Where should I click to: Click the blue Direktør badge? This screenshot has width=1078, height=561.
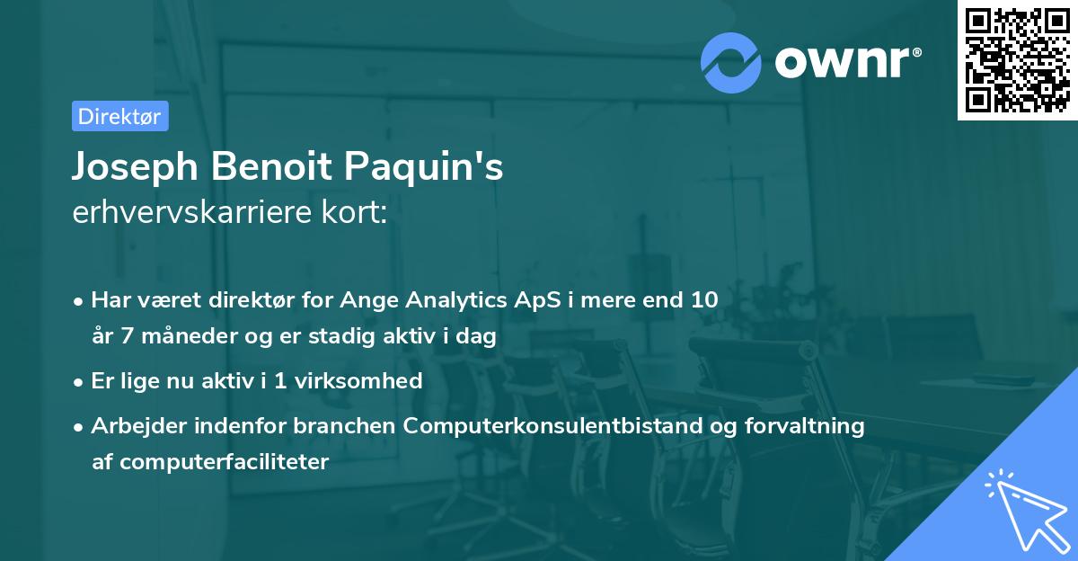tap(120, 116)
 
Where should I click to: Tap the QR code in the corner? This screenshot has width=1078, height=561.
tap(1017, 60)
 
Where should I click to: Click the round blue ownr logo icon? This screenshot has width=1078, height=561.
tap(731, 63)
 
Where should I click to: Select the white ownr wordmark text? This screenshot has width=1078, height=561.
tap(848, 63)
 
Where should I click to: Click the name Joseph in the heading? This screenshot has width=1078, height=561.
tap(136, 167)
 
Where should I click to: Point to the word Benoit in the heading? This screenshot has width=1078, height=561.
tap(271, 166)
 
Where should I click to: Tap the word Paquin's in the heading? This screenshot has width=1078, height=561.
tap(423, 167)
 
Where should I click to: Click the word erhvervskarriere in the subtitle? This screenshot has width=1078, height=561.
tap(192, 212)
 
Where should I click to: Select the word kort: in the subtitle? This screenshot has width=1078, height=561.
tap(354, 212)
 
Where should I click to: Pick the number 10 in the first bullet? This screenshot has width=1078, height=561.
tap(704, 299)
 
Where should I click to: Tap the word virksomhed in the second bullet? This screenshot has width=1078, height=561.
tap(358, 380)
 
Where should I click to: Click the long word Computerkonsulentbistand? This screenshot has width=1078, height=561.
tap(552, 426)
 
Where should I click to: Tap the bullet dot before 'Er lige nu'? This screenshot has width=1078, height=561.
tap(78, 383)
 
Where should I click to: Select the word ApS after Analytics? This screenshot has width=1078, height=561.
tap(537, 300)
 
